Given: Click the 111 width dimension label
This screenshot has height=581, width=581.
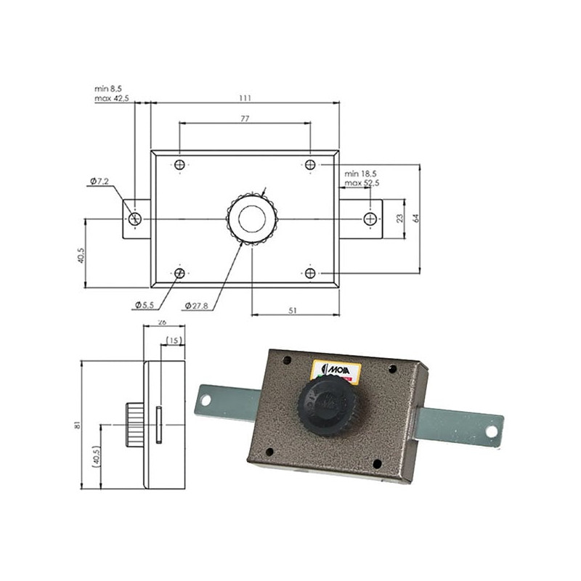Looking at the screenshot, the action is point(245,98).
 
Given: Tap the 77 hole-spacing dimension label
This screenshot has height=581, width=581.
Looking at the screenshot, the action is point(245,118).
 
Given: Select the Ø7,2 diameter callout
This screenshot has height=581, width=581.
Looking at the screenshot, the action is point(99,181).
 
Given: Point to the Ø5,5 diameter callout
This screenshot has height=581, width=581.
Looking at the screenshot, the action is point(144,305).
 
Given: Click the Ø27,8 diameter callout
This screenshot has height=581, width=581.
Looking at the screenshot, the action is point(196,306).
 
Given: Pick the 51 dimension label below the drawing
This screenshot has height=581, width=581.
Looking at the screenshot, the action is point(293,310).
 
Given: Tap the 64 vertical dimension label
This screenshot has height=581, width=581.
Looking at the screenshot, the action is point(416,218).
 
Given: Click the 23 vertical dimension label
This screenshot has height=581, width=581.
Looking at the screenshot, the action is point(400,219).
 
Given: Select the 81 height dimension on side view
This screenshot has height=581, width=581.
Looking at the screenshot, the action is point(77,425).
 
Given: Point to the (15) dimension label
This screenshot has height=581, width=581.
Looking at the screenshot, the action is point(174,340).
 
